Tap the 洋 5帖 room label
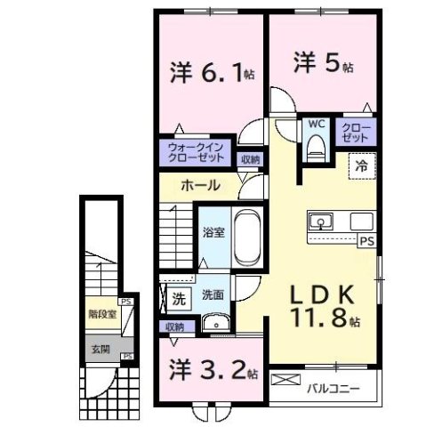323,64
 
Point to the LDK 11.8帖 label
323,305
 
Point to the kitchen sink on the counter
322,221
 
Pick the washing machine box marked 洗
179,299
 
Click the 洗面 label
212,295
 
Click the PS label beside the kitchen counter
366,240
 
